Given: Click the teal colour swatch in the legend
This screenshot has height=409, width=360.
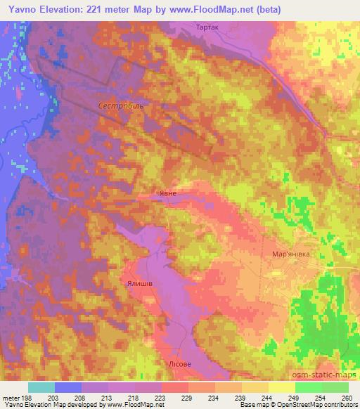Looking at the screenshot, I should tap(41, 387).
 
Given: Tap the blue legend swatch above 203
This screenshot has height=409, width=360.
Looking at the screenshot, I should tap(68, 387).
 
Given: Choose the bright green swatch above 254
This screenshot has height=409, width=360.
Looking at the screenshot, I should tap(308, 387).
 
